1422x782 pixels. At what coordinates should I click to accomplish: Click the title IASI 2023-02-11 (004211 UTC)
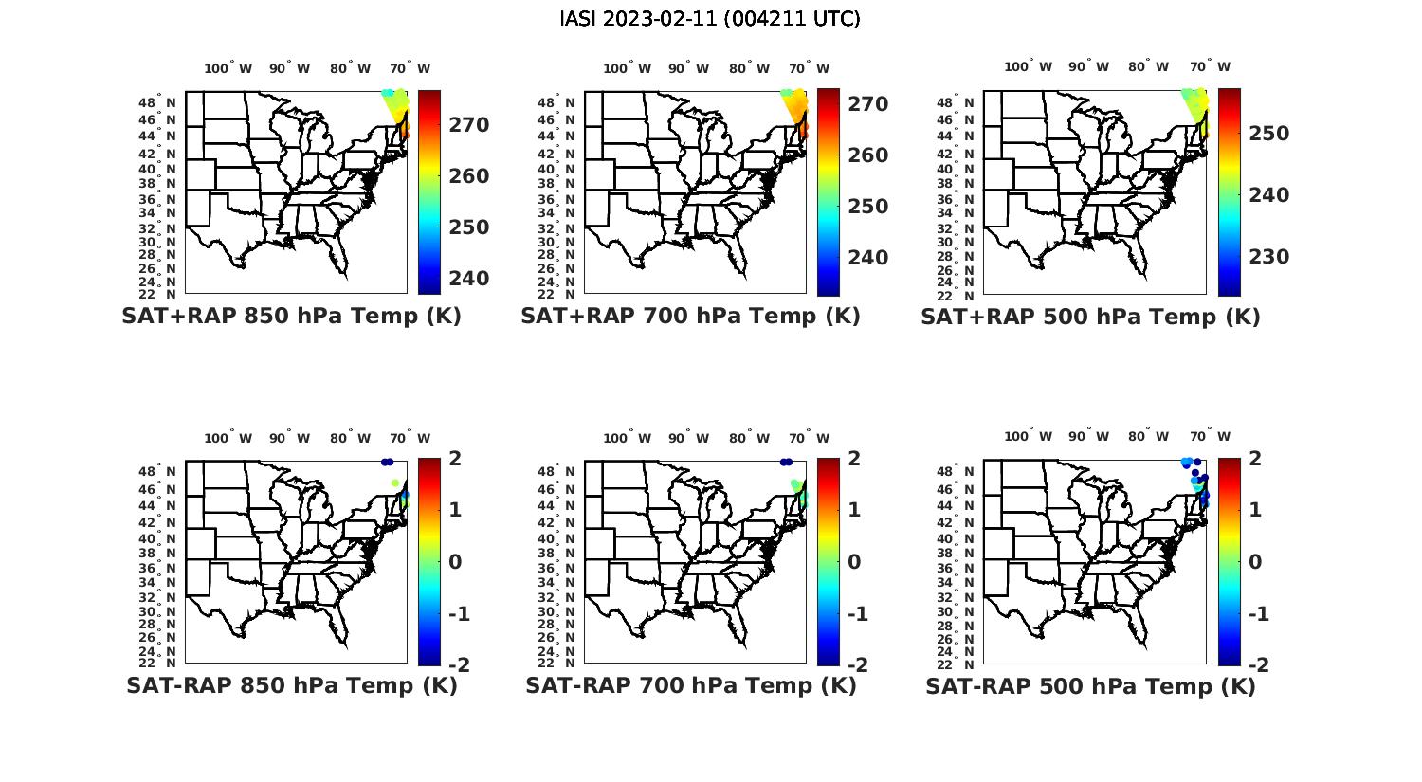coord(710,19)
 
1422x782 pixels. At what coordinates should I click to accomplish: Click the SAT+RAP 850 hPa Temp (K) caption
coord(291,317)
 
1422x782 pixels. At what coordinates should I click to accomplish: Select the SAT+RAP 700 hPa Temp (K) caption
coord(690,317)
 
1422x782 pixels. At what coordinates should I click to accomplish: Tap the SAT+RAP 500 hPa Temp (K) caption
coord(1090,318)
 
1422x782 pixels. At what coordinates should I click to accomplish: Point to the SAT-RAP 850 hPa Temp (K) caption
coord(291,686)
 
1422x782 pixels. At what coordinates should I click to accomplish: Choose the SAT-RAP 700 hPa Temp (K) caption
coord(690,686)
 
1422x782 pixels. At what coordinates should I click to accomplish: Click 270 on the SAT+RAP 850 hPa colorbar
coord(469,125)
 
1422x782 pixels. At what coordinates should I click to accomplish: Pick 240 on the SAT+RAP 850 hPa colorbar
coord(469,279)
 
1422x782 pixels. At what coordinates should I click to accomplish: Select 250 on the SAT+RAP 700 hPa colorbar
coord(868,207)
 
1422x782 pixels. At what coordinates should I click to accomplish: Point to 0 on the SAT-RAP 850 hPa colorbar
coord(456,562)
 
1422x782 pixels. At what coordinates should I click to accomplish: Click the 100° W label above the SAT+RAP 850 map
coord(228,68)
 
